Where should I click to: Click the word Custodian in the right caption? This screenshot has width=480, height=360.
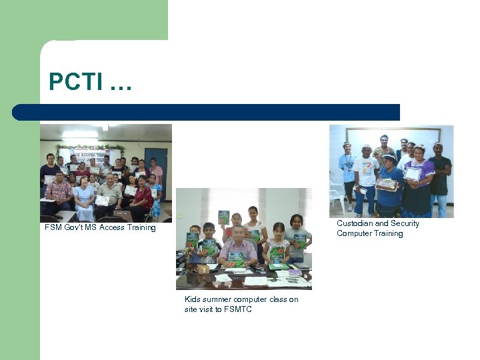(x=354, y=223)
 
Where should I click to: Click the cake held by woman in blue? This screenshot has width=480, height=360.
(x=386, y=185)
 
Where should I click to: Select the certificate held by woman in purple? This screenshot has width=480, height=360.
(x=413, y=173)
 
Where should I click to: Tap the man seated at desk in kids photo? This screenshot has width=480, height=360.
(x=237, y=248)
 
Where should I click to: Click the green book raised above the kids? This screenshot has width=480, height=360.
(x=224, y=217)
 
